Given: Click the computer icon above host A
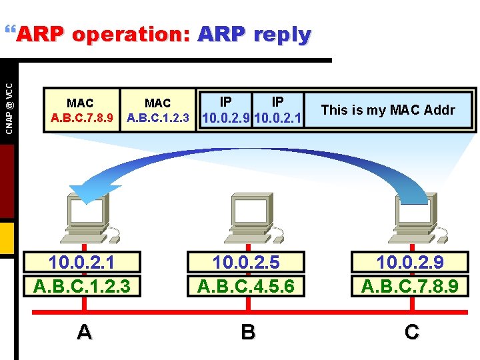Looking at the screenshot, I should tap(85, 215).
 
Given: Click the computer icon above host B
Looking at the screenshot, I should tap(248, 215).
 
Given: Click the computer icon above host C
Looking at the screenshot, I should tap(412, 215).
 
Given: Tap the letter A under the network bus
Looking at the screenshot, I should tap(85, 331).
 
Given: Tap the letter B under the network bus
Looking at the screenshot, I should tap(248, 331).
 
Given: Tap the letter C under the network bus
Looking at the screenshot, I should tap(412, 331).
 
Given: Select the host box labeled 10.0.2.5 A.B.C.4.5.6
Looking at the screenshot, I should tap(248, 273).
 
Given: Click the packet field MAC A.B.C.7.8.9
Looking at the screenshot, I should tap(81, 111).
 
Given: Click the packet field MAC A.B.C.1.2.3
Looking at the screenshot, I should tap(158, 111).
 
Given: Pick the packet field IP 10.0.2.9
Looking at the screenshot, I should tap(225, 111).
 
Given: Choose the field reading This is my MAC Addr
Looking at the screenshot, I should tap(388, 110).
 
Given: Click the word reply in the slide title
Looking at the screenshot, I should tap(283, 34).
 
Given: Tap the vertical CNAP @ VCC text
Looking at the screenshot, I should tap(8, 98).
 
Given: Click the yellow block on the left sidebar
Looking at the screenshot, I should tap(7, 239).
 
